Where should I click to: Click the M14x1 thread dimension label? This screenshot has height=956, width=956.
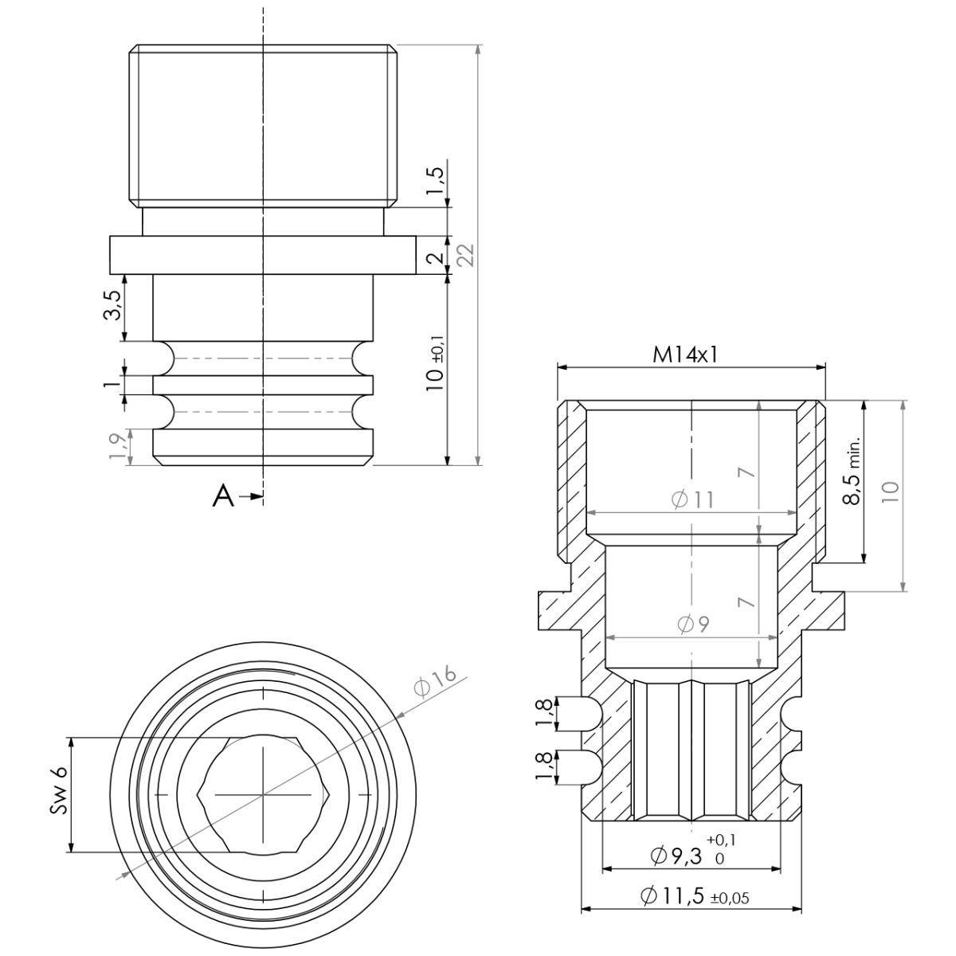[x=685, y=355]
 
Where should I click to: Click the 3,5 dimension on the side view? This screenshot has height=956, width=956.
[x=112, y=305]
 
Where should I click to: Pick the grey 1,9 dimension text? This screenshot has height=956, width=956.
[x=113, y=445]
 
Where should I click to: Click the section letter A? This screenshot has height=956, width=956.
[x=223, y=497]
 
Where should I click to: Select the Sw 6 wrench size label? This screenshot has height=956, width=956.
[x=58, y=794]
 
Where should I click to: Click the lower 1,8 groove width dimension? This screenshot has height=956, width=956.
[x=544, y=766]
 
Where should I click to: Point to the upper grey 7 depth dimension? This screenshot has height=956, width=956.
[x=745, y=472]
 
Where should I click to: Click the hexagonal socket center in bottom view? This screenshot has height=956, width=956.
[x=262, y=794]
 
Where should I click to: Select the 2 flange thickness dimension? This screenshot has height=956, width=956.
[x=434, y=258]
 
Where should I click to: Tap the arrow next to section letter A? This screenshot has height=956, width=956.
[x=252, y=497]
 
